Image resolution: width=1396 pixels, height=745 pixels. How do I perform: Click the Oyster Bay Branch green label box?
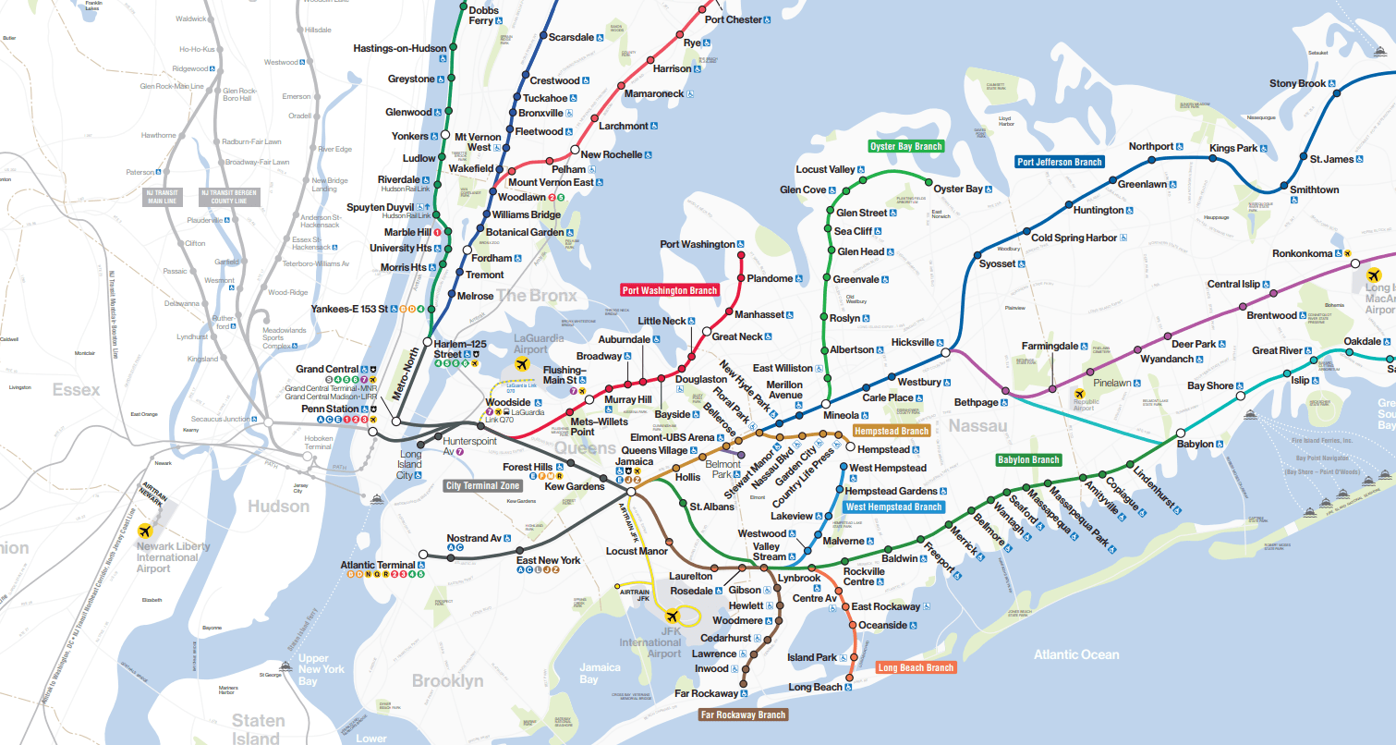coord(906,146)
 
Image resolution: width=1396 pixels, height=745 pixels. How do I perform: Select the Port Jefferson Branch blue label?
coord(1060,162)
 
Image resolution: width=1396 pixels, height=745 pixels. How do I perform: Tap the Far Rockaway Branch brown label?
coord(743,714)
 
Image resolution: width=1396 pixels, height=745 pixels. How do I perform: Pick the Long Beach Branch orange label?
coord(915,667)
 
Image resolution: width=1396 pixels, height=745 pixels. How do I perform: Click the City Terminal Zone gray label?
coord(483,485)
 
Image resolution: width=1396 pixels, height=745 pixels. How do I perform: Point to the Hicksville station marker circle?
coord(945,352)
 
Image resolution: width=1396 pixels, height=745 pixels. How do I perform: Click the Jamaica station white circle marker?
coord(630,491)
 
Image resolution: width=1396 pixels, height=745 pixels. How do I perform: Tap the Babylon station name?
coord(1196,444)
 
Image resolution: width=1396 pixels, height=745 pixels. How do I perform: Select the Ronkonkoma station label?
coord(1302,253)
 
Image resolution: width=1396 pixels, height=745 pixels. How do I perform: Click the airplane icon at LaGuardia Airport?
coord(521,366)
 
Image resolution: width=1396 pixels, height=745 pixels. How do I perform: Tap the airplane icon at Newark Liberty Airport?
coord(144,531)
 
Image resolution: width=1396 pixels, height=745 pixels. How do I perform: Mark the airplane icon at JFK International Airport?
coord(672,616)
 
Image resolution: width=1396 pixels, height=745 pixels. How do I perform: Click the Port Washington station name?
coord(698,244)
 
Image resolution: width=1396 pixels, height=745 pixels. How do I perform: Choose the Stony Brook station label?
coord(1297,84)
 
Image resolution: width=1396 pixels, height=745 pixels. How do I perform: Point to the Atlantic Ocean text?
coord(1075,654)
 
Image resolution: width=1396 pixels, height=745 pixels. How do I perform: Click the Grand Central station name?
coord(327,369)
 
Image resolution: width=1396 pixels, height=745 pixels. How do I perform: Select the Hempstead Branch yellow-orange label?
coord(892,431)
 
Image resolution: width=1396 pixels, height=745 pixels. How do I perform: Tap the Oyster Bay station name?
coord(958,189)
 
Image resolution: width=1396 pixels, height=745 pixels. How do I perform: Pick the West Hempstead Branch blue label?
coord(894,507)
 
